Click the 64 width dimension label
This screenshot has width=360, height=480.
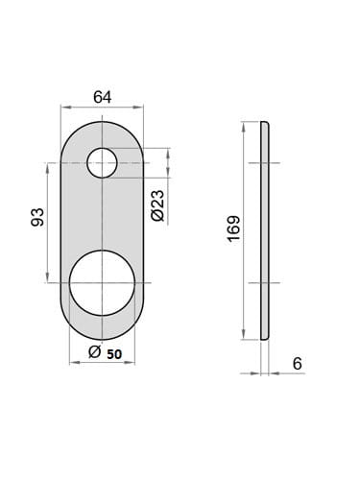click(103, 97)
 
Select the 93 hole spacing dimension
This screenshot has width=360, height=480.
click(37, 217)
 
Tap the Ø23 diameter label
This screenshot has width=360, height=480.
click(157, 205)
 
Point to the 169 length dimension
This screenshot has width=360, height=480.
click(234, 228)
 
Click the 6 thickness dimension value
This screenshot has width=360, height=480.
click(298, 364)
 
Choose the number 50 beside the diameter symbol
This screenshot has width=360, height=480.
click(114, 354)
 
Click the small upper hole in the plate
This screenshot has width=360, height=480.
click(102, 163)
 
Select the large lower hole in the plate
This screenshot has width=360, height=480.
click(102, 283)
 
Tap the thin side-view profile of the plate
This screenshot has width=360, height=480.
click(265, 230)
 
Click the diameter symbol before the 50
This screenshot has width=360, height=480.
click(95, 352)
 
